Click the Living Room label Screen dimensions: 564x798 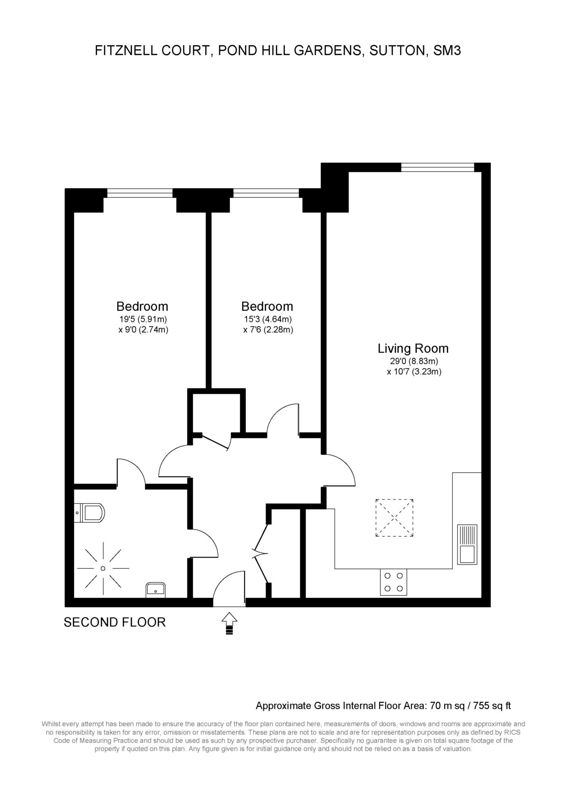coord(413,348)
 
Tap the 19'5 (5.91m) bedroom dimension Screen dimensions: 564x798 coord(143,319)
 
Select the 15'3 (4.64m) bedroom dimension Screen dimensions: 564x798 coord(268,319)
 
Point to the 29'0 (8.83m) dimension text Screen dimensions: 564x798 coord(414,361)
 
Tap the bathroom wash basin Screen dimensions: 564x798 coord(156,590)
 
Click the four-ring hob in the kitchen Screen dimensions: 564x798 coord(393,582)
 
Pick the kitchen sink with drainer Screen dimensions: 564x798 coord(467,544)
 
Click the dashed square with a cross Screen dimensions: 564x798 coord(395,518)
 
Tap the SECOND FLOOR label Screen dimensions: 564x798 coord(115,622)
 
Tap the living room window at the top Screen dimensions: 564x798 coord(438,167)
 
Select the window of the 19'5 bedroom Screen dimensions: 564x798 coord(140,193)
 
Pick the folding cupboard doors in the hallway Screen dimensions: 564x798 coord(260,554)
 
